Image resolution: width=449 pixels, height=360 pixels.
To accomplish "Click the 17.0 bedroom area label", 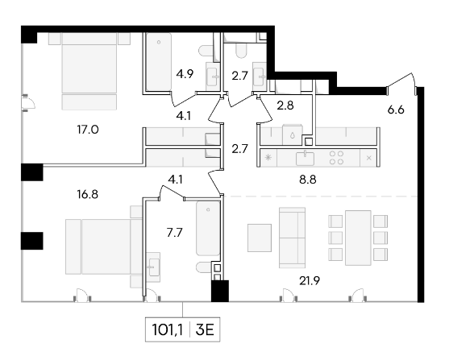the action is [88, 130].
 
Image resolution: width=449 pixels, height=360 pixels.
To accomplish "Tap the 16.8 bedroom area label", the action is [88, 195].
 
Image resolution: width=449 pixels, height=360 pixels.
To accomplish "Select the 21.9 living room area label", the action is [310, 281].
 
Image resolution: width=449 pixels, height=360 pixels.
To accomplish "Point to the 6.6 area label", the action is [396, 110].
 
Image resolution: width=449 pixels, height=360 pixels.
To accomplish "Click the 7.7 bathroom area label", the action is [175, 233].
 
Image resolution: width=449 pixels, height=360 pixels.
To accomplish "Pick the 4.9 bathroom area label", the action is [185, 74].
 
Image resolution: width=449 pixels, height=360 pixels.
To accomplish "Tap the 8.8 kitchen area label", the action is [308, 180].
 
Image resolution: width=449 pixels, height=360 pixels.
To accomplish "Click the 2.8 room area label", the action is [285, 106].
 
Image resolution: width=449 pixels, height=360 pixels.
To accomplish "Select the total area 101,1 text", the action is [167, 330].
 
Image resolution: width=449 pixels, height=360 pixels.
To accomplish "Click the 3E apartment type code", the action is [205, 330].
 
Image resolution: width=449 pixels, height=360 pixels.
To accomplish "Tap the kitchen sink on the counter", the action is [305, 158].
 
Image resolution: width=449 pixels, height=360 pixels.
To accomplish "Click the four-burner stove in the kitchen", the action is [336, 158].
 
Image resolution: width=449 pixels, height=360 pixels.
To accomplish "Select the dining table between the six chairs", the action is [358, 238].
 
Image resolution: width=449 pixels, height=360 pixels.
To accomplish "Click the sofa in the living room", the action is [292, 238].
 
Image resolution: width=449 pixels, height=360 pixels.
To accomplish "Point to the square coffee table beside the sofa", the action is [260, 238].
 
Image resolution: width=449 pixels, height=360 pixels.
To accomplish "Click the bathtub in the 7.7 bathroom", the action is [208, 228].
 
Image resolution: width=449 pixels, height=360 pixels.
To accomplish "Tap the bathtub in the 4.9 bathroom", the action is [159, 61].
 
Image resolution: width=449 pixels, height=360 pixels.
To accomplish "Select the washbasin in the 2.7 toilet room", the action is [260, 77].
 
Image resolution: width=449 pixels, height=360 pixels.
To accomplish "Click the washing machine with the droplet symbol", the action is [292, 134].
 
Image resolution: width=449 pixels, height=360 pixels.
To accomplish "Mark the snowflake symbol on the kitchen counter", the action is [268, 157].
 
